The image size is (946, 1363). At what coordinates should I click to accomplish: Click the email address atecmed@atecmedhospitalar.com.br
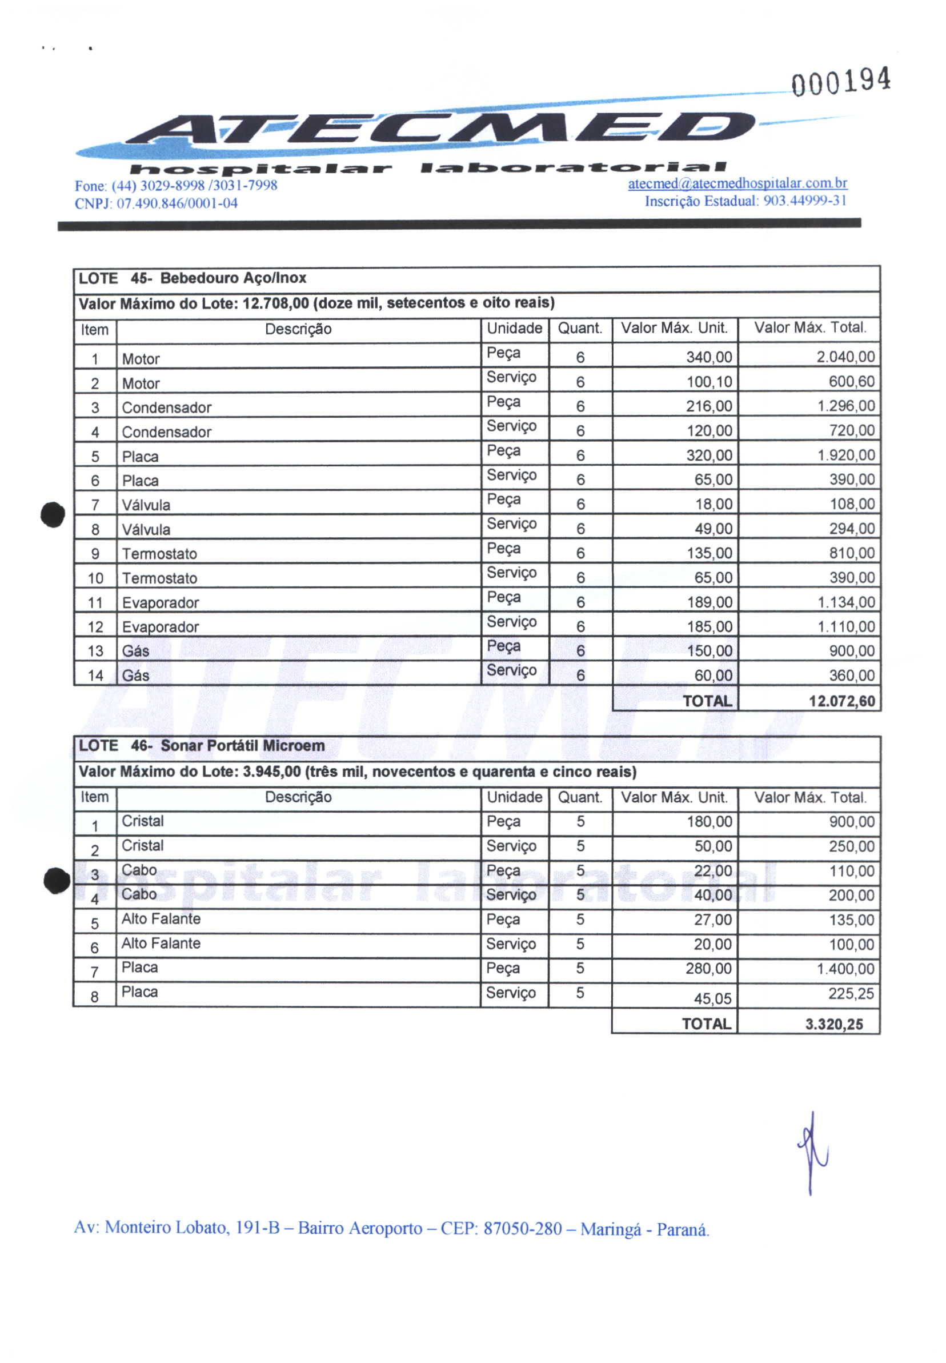click(737, 184)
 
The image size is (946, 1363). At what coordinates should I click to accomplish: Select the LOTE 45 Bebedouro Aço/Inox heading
click(193, 278)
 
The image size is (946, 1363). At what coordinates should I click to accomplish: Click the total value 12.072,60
click(841, 701)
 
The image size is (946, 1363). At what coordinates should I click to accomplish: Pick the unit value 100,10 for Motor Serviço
click(709, 382)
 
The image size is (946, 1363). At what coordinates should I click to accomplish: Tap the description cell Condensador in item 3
click(167, 408)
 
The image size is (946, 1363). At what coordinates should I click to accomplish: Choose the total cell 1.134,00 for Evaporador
click(846, 602)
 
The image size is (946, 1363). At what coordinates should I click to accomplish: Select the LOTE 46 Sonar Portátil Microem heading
click(202, 746)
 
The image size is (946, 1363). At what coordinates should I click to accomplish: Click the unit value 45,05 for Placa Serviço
click(712, 999)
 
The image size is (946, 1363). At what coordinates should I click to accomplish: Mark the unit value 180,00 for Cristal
click(709, 822)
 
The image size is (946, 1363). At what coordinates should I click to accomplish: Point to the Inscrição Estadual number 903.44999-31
click(804, 202)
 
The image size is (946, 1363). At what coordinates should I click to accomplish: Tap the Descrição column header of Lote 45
click(298, 330)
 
